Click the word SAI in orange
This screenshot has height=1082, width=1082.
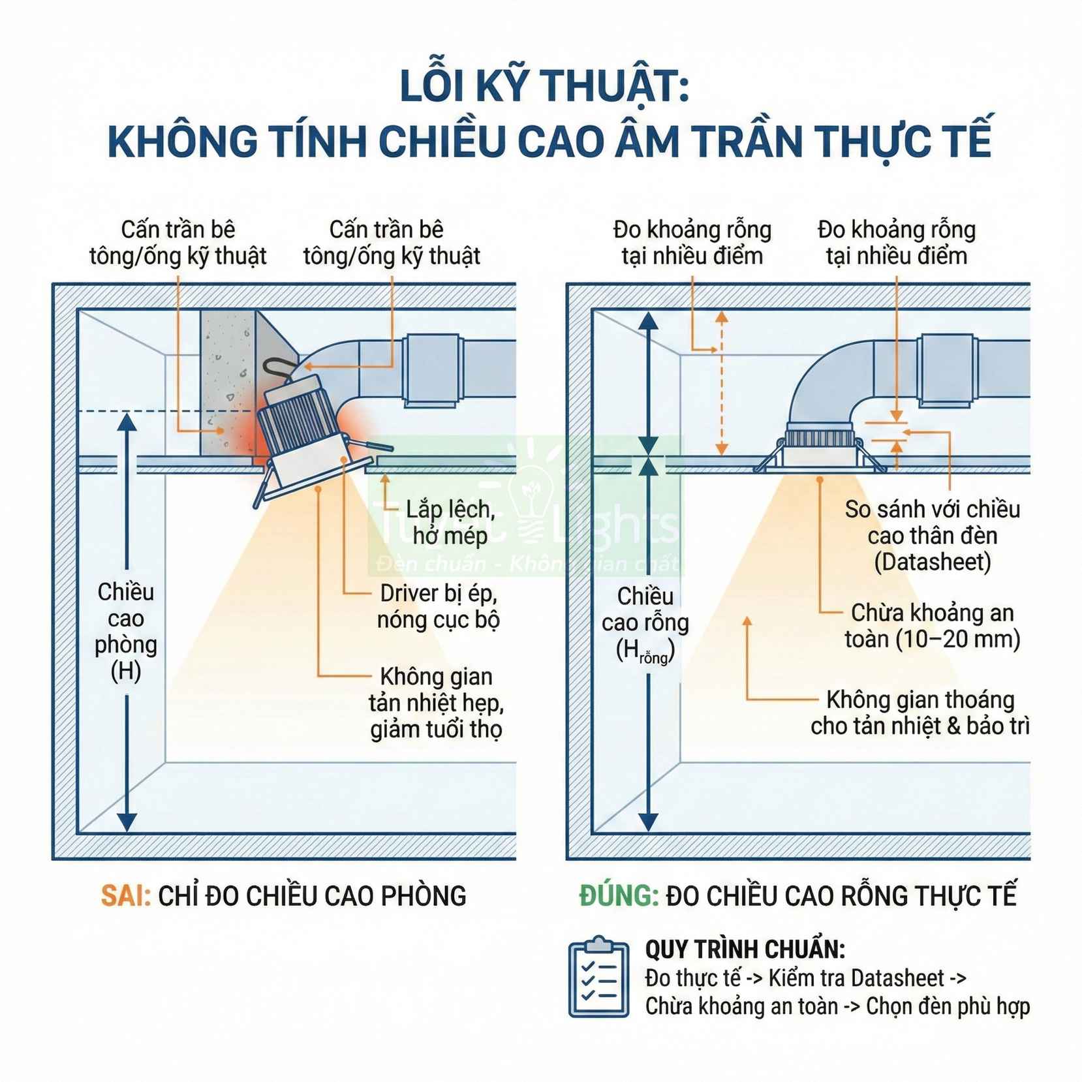[125, 896]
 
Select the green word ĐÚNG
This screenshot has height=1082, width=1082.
[619, 896]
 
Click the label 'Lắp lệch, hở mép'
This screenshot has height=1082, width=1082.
[450, 522]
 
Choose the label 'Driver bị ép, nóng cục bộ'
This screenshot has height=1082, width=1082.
[439, 606]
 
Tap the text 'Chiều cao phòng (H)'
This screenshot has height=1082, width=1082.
[126, 631]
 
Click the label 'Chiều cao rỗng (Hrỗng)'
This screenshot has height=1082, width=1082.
[645, 623]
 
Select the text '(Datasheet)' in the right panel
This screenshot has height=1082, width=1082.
[932, 562]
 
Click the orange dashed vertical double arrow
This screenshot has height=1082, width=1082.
[721, 382]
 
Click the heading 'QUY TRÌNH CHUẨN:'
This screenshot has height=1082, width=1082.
[745, 948]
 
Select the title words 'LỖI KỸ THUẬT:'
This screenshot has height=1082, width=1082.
[544, 87]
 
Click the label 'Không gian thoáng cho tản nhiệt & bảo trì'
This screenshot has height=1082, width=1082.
[920, 713]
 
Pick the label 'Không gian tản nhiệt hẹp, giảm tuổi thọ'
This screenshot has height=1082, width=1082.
[436, 703]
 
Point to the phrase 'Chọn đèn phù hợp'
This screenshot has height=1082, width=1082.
[948, 1006]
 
